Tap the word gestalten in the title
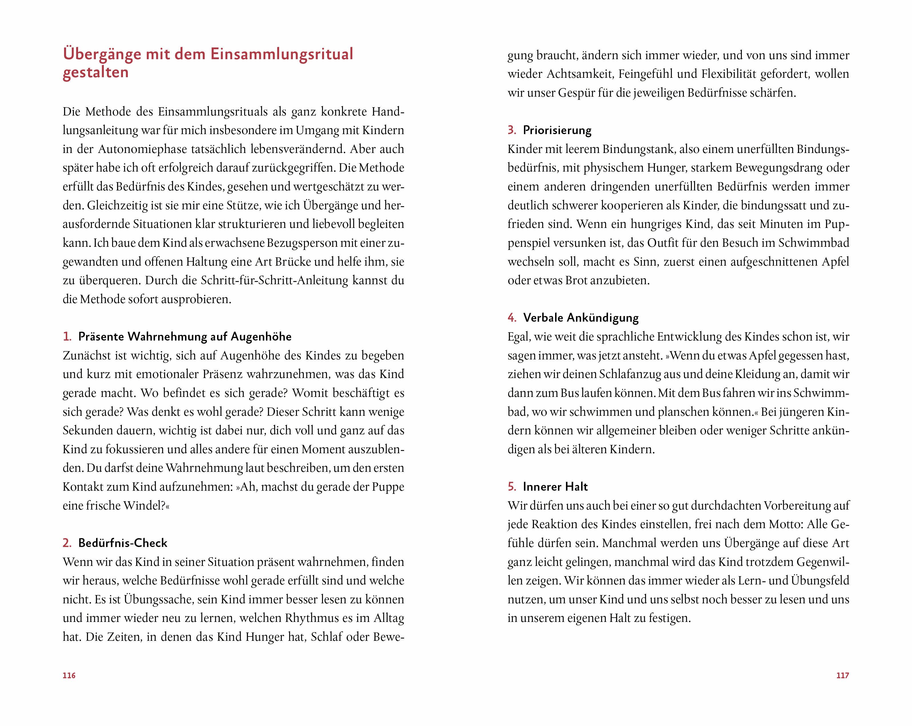click(x=96, y=72)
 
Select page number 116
click(x=69, y=675)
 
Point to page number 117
click(x=843, y=675)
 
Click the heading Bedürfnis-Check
click(x=123, y=543)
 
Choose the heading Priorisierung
click(x=557, y=130)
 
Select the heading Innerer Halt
click(x=555, y=487)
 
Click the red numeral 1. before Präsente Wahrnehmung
click(x=67, y=337)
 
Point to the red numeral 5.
click(x=512, y=487)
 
